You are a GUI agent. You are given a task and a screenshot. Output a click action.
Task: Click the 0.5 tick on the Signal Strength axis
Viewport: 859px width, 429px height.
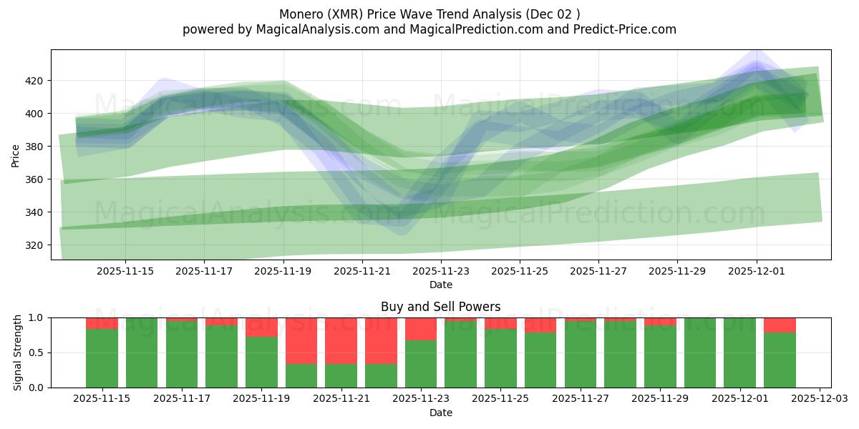coord(36,352)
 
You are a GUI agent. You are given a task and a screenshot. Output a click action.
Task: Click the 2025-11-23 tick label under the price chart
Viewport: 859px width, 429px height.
coord(441,272)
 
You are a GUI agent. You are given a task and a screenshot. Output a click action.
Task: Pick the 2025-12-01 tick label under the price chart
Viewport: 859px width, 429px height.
coord(757,272)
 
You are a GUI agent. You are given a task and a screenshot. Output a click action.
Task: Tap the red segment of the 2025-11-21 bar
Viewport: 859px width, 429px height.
coord(341,340)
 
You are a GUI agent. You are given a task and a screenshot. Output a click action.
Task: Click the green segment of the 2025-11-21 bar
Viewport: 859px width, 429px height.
coord(341,375)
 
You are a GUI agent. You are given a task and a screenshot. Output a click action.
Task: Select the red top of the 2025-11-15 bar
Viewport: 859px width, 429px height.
coord(102,323)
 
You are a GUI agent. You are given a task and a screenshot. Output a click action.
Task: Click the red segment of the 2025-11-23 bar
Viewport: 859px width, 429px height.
coord(421,329)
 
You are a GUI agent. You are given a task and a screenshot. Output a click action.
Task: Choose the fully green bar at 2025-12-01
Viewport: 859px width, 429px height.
coord(739,352)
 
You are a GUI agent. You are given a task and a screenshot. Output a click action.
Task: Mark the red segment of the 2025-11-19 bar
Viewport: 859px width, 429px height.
coord(261,327)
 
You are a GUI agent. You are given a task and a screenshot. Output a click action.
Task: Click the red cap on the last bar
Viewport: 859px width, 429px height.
coord(780,325)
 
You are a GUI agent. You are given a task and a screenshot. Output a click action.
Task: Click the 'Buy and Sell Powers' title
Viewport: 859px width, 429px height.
coord(440,307)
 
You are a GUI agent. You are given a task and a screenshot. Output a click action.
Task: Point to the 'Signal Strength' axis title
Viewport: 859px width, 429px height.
coord(18,352)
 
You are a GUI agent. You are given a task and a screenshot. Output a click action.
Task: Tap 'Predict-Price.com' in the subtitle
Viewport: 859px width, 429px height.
coord(620,29)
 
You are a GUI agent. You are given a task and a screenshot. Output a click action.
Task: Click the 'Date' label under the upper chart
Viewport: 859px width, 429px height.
coord(440,285)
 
